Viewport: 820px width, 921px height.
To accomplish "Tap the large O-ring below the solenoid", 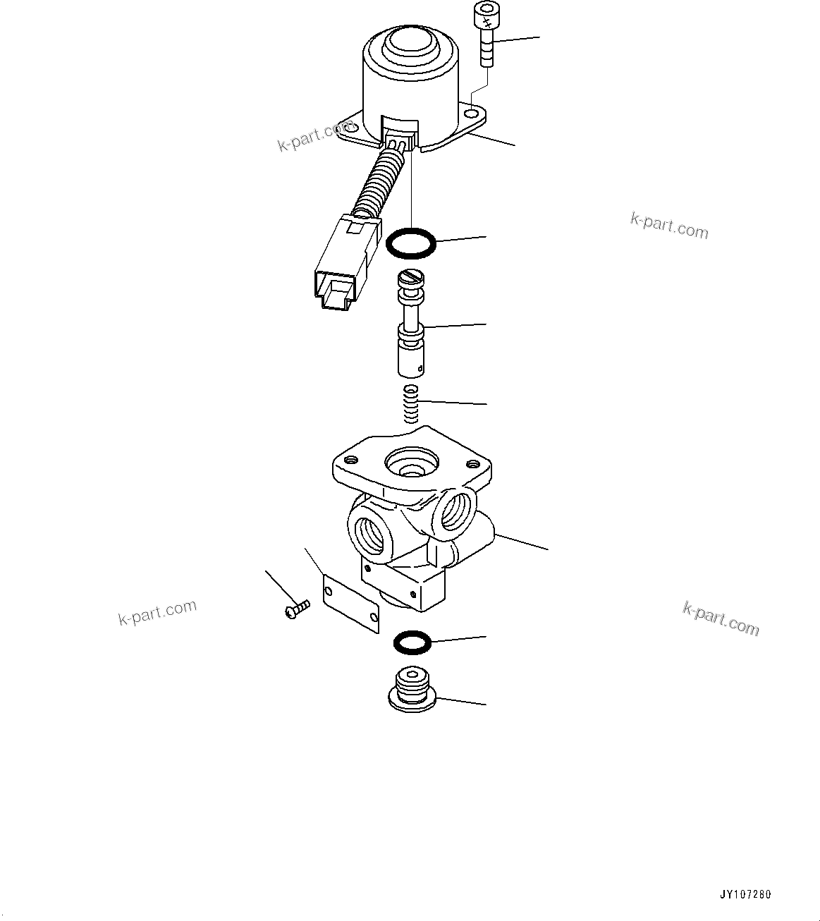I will [x=411, y=243].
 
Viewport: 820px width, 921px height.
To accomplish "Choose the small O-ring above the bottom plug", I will [x=411, y=641].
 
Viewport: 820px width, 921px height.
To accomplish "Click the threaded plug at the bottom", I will [x=412, y=689].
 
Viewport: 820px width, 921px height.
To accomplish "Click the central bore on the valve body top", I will [x=410, y=464].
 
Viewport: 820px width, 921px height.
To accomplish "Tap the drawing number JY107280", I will [x=745, y=895].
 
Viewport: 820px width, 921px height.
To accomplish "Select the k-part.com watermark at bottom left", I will [x=157, y=613].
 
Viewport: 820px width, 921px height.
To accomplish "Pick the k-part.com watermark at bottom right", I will [x=721, y=618].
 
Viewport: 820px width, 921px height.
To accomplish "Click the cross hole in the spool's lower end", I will [x=421, y=367].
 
